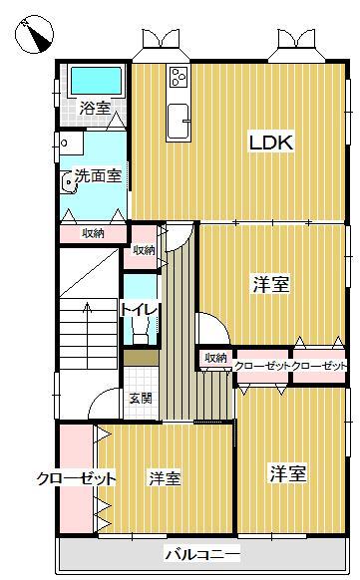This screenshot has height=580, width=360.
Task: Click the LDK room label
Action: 270,144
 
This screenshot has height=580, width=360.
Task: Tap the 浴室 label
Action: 95,108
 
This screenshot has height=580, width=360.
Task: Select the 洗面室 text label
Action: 99,177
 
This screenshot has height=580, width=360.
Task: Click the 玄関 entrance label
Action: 140,399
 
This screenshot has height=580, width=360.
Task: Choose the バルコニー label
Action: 202,552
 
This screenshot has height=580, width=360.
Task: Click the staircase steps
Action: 85,329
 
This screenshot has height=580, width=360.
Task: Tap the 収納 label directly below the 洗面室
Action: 94,233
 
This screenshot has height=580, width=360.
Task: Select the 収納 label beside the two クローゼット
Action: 215,358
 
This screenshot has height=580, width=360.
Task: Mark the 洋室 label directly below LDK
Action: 270,285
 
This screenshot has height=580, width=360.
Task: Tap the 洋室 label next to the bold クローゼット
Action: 165,479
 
